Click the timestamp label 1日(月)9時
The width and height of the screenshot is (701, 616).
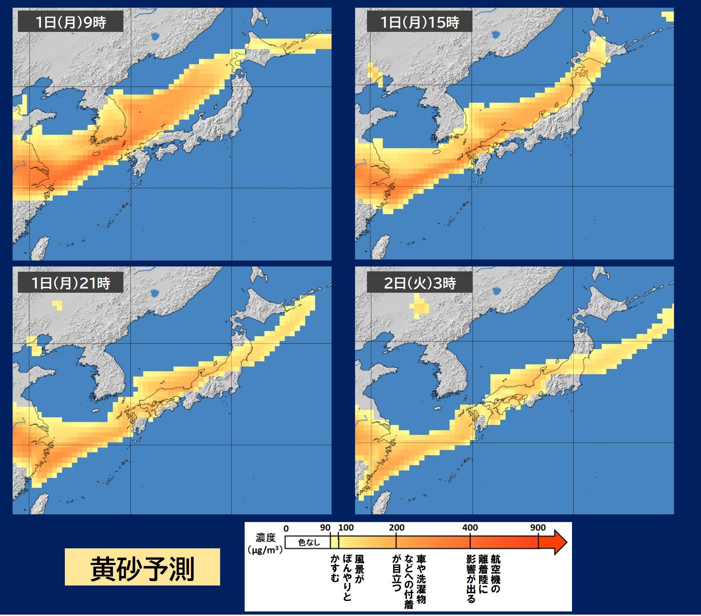(70, 22)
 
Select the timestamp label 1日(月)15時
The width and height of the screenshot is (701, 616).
(419, 22)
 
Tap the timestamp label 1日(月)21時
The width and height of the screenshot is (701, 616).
(70, 283)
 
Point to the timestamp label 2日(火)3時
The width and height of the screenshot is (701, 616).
(419, 283)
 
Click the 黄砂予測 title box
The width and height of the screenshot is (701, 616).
(142, 567)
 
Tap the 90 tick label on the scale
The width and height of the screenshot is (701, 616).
(325, 528)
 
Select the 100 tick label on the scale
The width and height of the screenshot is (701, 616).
(346, 528)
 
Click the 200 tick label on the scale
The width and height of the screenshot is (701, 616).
(396, 528)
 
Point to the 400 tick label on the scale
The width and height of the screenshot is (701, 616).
(470, 528)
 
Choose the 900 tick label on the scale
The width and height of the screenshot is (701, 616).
(538, 528)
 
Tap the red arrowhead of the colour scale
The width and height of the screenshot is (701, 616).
(559, 542)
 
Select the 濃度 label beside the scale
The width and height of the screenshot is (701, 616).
(266, 537)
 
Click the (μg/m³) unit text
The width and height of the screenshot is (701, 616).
(265, 549)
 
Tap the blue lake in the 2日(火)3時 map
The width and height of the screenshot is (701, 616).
(496, 291)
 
